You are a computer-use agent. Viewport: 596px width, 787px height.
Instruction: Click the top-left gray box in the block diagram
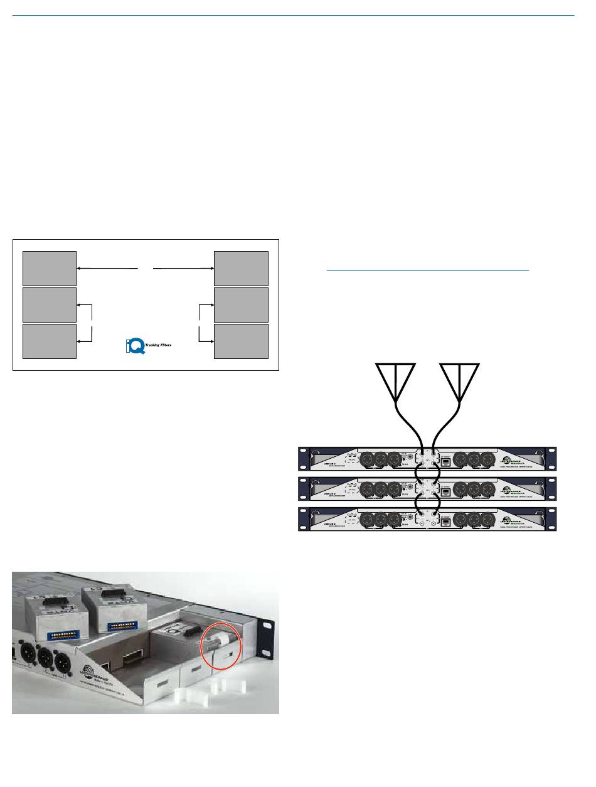pos(50,268)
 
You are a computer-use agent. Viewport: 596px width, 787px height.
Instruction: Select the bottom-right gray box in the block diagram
pos(241,341)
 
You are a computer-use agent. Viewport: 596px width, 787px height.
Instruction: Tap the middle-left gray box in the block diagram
pos(50,304)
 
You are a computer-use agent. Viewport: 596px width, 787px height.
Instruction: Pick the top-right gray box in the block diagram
pos(241,268)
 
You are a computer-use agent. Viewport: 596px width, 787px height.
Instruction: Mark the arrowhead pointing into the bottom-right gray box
pos(211,341)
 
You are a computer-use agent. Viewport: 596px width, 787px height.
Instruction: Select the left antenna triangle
pos(396,382)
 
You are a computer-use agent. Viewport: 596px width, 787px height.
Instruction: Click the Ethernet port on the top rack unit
pos(444,461)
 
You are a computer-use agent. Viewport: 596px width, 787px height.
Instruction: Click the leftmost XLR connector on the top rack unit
pos(366,460)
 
